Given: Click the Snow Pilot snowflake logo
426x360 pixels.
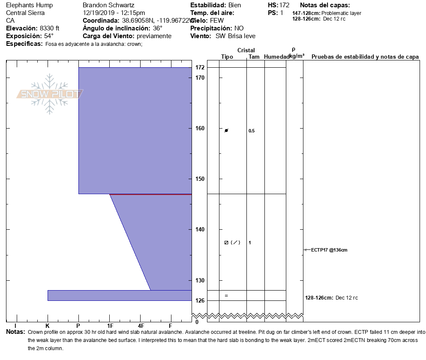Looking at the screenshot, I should click(50, 94).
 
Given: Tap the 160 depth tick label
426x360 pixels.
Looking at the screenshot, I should click(200, 128).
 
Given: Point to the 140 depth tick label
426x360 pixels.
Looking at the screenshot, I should click(200, 229).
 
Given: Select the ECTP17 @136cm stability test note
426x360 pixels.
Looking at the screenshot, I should click(329, 250).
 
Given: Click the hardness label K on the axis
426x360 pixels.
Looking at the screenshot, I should click(48, 326).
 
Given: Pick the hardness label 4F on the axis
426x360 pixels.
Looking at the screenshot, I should click(141, 326).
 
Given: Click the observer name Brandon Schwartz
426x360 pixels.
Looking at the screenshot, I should click(108, 5).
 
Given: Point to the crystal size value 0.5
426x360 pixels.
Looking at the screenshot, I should click(252, 131).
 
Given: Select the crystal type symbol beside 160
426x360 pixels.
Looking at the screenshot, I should click(226, 130).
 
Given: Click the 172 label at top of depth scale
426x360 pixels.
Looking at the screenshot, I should click(200, 67).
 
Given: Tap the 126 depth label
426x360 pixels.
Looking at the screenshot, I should click(200, 300).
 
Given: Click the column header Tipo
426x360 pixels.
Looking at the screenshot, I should click(227, 57).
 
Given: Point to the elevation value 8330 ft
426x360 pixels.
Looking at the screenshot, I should click(50, 28).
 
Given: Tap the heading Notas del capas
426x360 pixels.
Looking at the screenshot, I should click(325, 5).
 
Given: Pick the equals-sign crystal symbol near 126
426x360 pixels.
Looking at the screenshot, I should click(226, 296).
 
